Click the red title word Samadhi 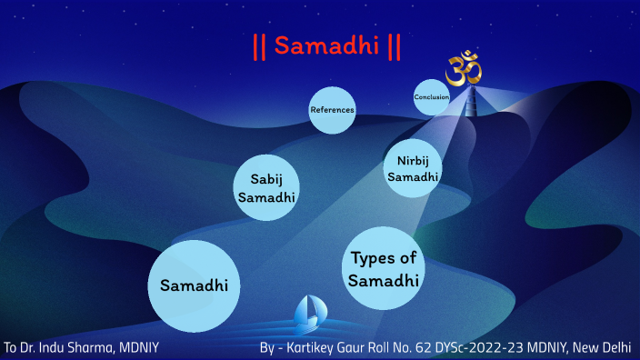click(326, 45)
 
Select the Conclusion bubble click(431, 97)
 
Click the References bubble click(331, 110)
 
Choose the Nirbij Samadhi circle click(414, 168)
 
